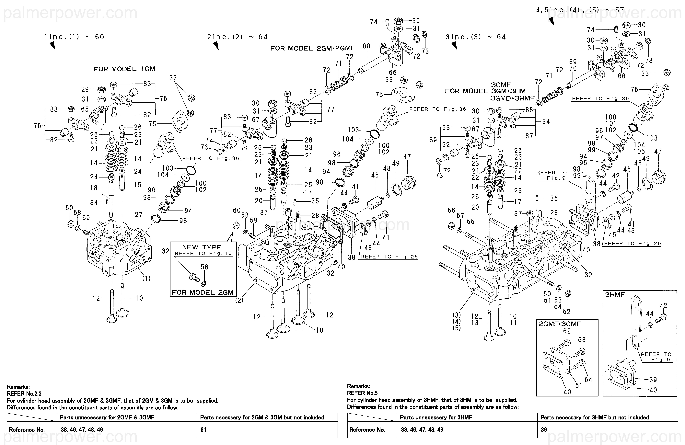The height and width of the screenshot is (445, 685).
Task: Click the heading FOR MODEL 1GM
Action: tap(124, 69)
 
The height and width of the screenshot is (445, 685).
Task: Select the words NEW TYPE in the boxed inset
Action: tap(202, 247)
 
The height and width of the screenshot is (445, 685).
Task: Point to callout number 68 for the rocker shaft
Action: tap(366, 46)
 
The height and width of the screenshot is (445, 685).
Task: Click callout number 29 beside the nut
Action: tap(85, 89)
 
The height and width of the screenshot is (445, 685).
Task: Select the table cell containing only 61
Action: tap(203, 430)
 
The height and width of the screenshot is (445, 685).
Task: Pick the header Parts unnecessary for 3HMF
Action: tap(436, 417)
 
